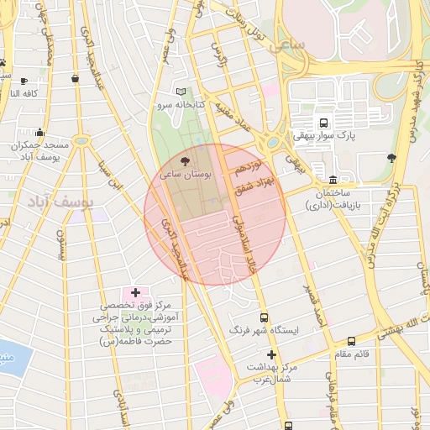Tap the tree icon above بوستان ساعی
(185, 160)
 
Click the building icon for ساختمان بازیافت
(334, 180)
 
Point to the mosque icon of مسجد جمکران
(39, 132)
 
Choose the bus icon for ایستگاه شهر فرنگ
(265, 317)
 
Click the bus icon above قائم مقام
(351, 341)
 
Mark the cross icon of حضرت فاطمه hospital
(135, 292)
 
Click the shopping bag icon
(76, 78)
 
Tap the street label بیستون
(60, 244)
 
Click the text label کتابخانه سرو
(175, 107)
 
